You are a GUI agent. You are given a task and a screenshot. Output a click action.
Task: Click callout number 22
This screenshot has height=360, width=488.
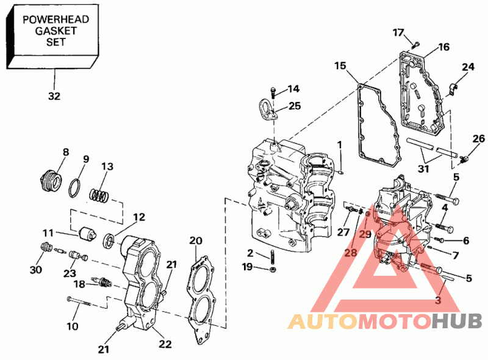pos(165,344)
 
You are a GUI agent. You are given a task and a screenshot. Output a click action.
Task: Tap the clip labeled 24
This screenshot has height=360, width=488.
pos(452,89)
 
